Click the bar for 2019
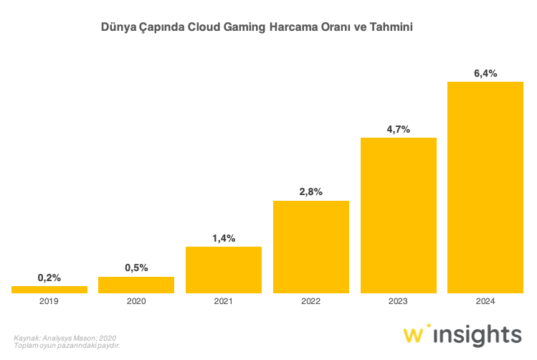click(49, 289)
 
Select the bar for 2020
click(136, 285)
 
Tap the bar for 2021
click(224, 270)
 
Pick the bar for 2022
click(311, 247)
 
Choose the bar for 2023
click(399, 215)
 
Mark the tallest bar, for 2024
click(485, 187)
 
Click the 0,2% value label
click(49, 278)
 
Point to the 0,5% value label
click(136, 267)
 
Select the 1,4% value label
click(224, 237)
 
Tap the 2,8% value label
click(311, 191)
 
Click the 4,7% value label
click(399, 129)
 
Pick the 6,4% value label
click(485, 73)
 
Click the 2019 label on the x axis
click(49, 302)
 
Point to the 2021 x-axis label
click(224, 302)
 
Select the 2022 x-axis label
click(311, 302)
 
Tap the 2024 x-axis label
click(485, 302)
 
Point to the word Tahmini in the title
click(391, 27)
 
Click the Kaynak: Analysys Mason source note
click(65, 337)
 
